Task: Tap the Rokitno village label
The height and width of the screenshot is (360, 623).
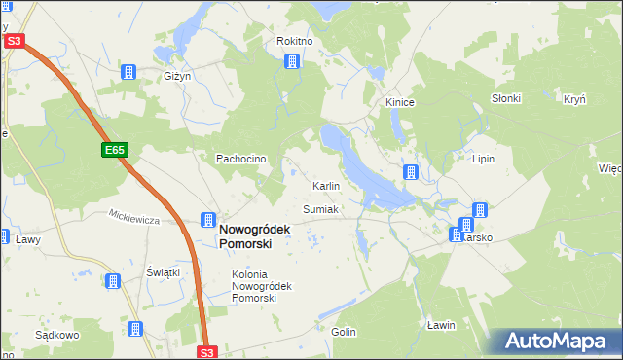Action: pyautogui.click(x=294, y=42)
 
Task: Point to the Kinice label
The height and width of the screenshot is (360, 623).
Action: pyautogui.click(x=400, y=101)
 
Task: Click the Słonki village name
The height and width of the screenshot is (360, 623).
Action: pyautogui.click(x=506, y=98)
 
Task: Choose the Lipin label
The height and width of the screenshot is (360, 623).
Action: pyautogui.click(x=484, y=157)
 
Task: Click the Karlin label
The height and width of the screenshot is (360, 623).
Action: pyautogui.click(x=325, y=185)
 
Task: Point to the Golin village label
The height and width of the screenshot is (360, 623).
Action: pyautogui.click(x=343, y=332)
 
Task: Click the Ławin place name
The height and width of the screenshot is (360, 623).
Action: pyautogui.click(x=441, y=325)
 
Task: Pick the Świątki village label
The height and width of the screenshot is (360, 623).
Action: pyautogui.click(x=164, y=272)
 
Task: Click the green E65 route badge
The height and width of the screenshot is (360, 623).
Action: pyautogui.click(x=115, y=150)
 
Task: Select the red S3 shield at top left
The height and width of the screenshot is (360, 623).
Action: pyautogui.click(x=13, y=41)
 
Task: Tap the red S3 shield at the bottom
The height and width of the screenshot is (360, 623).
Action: pyautogui.click(x=206, y=351)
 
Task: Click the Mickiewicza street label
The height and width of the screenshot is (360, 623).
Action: pyautogui.click(x=133, y=219)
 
